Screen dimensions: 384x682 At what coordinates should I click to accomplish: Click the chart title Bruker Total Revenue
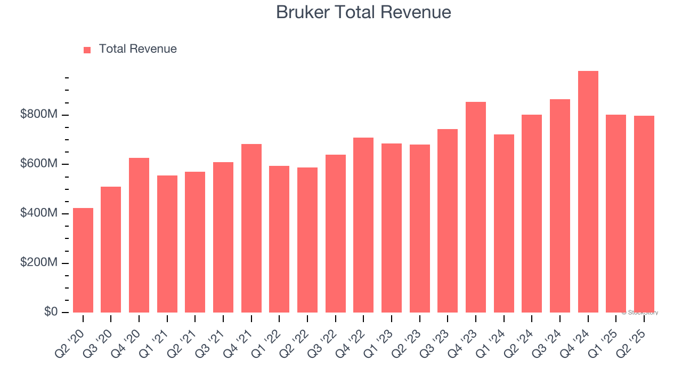[363, 12]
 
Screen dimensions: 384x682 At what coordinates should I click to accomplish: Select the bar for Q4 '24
[588, 192]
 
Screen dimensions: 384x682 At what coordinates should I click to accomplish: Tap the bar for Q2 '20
[83, 260]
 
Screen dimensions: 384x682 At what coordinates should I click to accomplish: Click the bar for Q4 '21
[251, 228]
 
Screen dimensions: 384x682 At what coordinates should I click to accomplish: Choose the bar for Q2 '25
[644, 213]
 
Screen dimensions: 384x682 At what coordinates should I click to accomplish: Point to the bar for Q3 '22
[336, 234]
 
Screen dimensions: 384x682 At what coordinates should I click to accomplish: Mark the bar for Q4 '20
[139, 235]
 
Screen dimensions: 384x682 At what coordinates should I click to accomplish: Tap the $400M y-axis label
[39, 213]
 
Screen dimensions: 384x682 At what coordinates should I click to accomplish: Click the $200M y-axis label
[39, 262]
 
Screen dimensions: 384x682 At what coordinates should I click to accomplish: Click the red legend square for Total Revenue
[87, 50]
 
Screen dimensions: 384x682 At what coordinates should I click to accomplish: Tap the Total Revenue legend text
[137, 49]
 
